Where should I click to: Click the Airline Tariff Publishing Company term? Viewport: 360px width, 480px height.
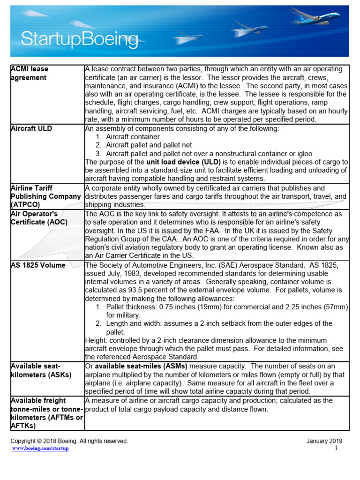(45, 196)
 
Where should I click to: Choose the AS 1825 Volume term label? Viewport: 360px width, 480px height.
(38, 265)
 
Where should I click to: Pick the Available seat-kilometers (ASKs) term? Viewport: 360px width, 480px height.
(42, 370)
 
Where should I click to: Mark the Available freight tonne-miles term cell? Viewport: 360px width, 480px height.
(46, 413)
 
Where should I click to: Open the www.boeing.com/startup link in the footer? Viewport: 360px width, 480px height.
(40, 449)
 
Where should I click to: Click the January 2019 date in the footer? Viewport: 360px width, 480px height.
(324, 441)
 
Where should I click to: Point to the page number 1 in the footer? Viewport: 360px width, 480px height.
(336, 449)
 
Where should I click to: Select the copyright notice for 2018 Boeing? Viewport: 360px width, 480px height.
(69, 441)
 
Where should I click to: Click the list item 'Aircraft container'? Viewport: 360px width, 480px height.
(133, 136)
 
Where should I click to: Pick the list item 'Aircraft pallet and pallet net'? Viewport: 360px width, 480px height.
(149, 145)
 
